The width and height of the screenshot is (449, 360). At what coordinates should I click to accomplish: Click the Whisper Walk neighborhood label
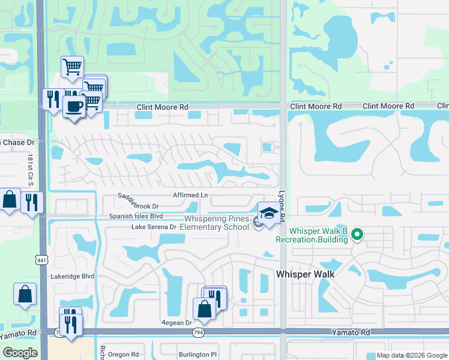pyautogui.click(x=305, y=274)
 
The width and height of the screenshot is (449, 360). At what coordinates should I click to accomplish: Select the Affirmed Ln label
pyautogui.click(x=190, y=195)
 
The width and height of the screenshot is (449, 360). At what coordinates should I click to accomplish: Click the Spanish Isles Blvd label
pyautogui.click(x=136, y=216)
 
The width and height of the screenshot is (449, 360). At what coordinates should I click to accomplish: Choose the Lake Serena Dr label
pyautogui.click(x=154, y=227)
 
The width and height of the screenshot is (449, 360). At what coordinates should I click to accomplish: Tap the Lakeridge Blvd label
pyautogui.click(x=73, y=277)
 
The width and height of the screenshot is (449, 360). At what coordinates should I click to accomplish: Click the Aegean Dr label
pyautogui.click(x=176, y=322)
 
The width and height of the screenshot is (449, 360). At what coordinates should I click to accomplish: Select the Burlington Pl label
pyautogui.click(x=197, y=355)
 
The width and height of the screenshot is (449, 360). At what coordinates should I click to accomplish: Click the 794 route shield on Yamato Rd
pyautogui.click(x=197, y=332)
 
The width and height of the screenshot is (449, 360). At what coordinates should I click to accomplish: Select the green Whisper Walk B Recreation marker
pyautogui.click(x=357, y=234)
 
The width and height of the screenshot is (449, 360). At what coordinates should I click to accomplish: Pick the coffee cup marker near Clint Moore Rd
pyautogui.click(x=74, y=107)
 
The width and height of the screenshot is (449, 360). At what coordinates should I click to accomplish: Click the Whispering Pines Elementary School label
pyautogui.click(x=214, y=223)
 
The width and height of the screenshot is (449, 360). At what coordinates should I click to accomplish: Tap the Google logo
pyautogui.click(x=20, y=353)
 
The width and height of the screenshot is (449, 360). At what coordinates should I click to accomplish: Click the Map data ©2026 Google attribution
pyautogui.click(x=412, y=355)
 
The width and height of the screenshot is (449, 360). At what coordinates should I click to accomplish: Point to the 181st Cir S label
pyautogui.click(x=30, y=170)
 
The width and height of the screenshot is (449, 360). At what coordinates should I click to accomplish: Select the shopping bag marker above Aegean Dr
pyautogui.click(x=204, y=308)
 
